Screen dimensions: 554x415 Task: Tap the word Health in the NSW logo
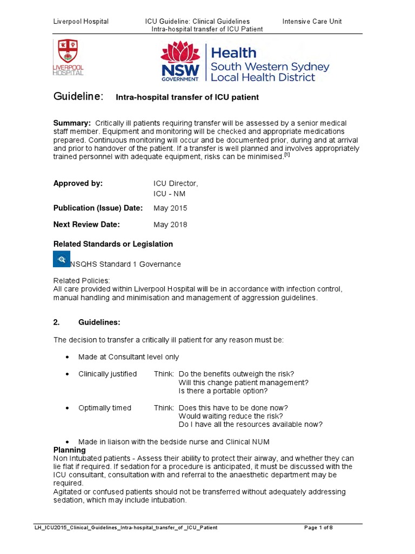(x=233, y=52)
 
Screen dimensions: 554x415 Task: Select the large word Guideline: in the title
(x=78, y=96)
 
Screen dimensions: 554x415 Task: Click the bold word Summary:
(x=71, y=123)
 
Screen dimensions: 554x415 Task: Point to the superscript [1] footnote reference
(x=287, y=155)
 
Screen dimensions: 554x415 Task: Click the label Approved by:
(x=78, y=183)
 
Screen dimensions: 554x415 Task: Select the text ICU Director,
(x=176, y=183)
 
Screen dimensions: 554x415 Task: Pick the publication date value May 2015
(x=170, y=208)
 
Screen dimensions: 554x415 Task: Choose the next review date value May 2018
(x=170, y=225)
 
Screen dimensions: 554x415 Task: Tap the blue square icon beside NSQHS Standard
(x=62, y=259)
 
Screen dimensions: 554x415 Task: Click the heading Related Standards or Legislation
(x=113, y=244)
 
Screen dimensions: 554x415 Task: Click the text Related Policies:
(x=81, y=280)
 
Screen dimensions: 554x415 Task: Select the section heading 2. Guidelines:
(x=87, y=322)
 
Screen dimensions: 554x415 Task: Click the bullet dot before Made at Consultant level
(x=66, y=358)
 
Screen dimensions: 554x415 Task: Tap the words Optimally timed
(x=105, y=407)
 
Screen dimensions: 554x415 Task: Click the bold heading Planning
(x=69, y=450)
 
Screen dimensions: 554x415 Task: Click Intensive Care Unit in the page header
(x=312, y=21)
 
